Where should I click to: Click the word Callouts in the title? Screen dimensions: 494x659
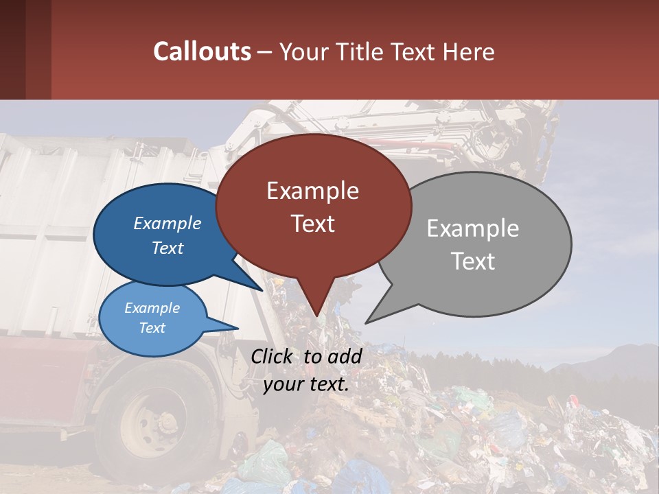click(202, 51)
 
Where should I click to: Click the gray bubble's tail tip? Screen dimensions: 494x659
click(367, 322)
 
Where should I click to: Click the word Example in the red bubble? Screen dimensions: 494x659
click(312, 191)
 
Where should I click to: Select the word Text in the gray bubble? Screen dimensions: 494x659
click(473, 261)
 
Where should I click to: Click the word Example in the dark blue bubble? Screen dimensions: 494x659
click(167, 223)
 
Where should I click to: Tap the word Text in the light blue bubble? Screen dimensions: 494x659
click(152, 328)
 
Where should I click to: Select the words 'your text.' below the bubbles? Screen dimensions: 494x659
click(306, 384)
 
